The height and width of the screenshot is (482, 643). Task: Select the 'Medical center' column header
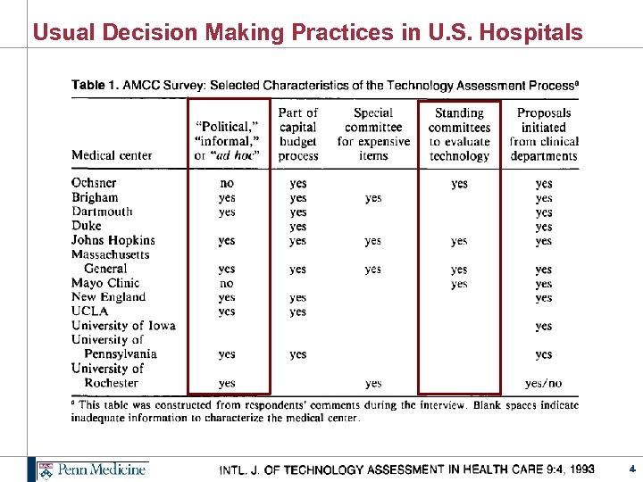pyautogui.click(x=112, y=155)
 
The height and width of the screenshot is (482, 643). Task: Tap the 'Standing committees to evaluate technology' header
pyautogui.click(x=459, y=134)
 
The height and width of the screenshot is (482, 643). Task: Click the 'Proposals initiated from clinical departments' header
pyautogui.click(x=544, y=134)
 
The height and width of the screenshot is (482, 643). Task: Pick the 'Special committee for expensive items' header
pyautogui.click(x=373, y=134)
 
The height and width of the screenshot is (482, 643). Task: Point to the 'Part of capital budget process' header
pyautogui.click(x=298, y=134)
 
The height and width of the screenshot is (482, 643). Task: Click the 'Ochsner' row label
pyautogui.click(x=94, y=183)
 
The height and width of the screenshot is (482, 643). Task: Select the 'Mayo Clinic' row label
pyautogui.click(x=105, y=283)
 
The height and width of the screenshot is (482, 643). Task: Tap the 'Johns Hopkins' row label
pyautogui.click(x=113, y=240)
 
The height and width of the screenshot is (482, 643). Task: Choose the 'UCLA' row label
pyautogui.click(x=89, y=312)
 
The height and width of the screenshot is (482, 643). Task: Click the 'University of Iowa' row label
pyautogui.click(x=123, y=326)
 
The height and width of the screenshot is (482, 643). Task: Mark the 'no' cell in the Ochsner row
pyautogui.click(x=227, y=183)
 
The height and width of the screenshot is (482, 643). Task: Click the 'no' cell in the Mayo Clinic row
pyautogui.click(x=227, y=283)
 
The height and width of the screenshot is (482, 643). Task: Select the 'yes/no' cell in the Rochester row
pyautogui.click(x=544, y=383)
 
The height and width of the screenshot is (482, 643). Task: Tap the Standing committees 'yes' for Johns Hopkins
pyautogui.click(x=459, y=240)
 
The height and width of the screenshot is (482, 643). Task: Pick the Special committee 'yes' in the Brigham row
pyautogui.click(x=373, y=197)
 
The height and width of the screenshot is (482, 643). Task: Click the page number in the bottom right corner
pyautogui.click(x=631, y=469)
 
